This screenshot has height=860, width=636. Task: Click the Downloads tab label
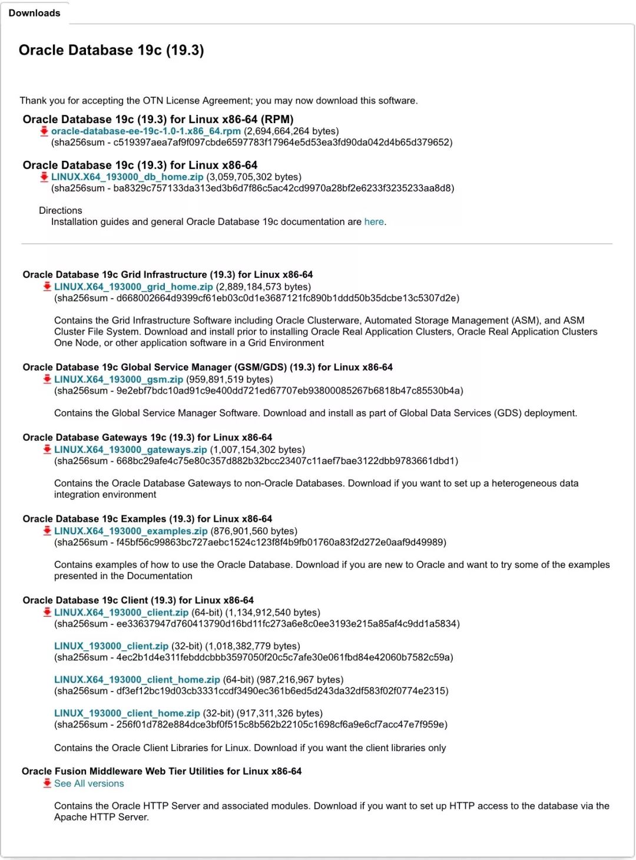click(x=34, y=13)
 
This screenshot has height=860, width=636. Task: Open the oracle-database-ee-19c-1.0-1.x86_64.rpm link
click(x=145, y=131)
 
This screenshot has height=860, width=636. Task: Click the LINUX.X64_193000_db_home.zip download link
click(x=127, y=177)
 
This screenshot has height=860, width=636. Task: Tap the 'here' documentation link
click(x=374, y=221)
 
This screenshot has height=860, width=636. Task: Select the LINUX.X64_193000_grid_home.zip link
click(x=133, y=287)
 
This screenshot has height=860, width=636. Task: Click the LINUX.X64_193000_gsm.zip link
click(x=118, y=379)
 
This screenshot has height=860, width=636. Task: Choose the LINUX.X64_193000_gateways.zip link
click(x=130, y=449)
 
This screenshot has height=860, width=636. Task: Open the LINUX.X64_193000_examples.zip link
click(x=131, y=531)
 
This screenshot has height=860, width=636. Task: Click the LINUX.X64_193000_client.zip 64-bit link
click(x=121, y=612)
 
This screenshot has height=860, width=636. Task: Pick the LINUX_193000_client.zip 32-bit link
click(x=111, y=646)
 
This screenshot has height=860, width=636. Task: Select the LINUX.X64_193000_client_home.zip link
click(x=137, y=679)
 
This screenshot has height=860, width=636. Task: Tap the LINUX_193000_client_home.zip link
click(x=127, y=713)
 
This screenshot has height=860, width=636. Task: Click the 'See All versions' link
click(x=89, y=783)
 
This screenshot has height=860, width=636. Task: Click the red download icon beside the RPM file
click(x=44, y=131)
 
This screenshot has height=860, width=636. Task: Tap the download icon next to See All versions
click(x=47, y=783)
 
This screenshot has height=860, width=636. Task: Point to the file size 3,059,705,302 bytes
click(x=254, y=177)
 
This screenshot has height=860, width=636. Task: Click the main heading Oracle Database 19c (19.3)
click(x=111, y=50)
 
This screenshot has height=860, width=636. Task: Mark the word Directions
click(x=61, y=210)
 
